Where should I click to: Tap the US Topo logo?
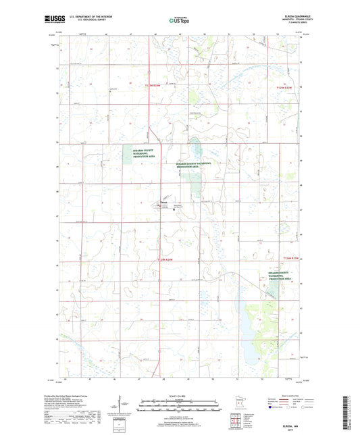tap(179, 21)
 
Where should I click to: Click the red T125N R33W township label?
tap(288, 87)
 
